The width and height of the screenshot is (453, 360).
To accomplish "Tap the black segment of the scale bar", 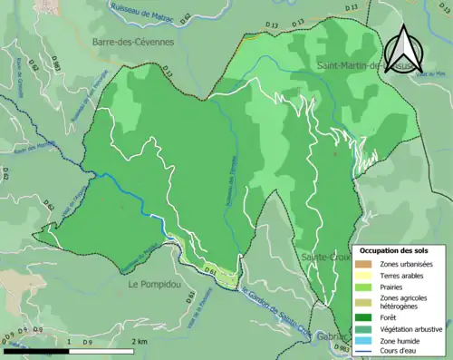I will point(36,350).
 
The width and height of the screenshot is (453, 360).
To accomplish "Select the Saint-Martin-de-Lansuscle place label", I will point(362,66).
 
